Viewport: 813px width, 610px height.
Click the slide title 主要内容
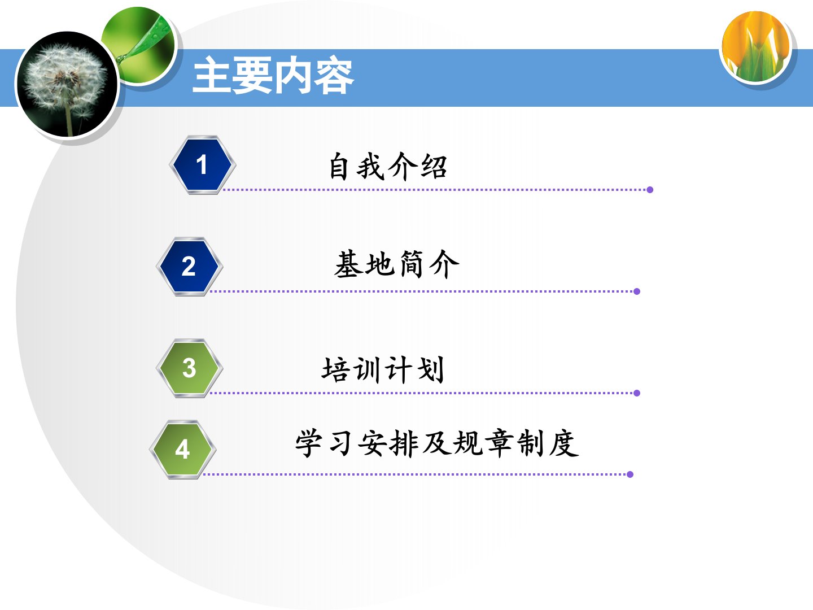click(273, 75)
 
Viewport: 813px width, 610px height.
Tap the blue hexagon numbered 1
click(202, 165)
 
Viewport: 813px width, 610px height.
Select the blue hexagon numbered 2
click(189, 266)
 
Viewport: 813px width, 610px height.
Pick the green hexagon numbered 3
click(189, 368)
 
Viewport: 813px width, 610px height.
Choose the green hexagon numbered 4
click(182, 450)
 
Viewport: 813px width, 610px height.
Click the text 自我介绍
click(388, 167)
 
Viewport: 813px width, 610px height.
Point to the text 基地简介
click(396, 264)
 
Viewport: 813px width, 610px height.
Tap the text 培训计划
click(383, 369)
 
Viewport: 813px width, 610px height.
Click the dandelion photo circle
click(67, 84)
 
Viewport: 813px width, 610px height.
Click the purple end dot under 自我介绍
click(650, 190)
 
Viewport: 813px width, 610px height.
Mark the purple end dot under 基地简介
click(637, 291)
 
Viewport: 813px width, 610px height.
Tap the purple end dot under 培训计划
click(637, 393)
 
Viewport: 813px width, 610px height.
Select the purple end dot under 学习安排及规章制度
click(630, 474)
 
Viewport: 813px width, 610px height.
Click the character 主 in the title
click(212, 75)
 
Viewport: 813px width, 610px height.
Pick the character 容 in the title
click(334, 76)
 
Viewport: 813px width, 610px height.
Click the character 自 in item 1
click(339, 167)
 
